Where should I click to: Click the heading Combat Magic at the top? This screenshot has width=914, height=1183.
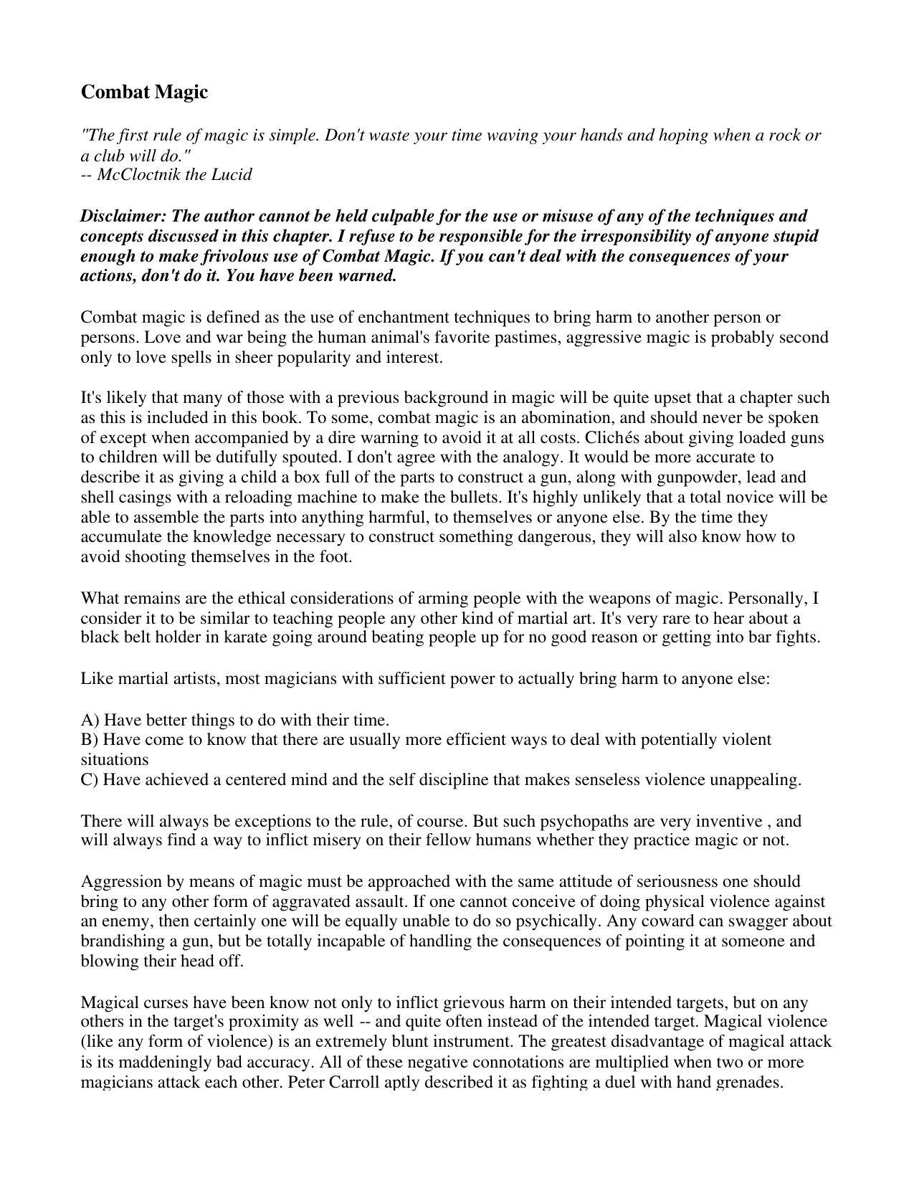tap(144, 92)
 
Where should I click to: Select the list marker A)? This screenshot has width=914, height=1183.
tap(90, 721)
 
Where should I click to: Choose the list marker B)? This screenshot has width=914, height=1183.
tap(90, 740)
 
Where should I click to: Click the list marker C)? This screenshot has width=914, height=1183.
tap(90, 780)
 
